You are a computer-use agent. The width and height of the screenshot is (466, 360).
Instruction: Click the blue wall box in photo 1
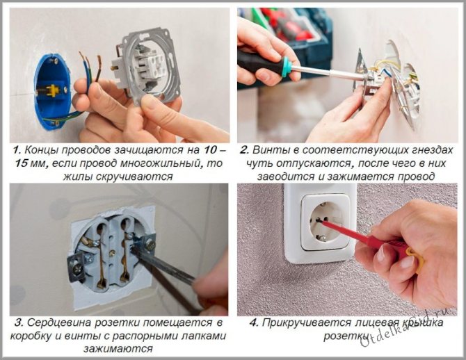[52, 92]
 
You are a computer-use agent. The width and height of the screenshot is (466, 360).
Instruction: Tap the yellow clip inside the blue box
[52, 90]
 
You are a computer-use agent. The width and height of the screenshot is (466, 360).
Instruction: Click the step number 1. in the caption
[17, 150]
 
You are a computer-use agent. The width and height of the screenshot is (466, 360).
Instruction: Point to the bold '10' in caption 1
[210, 150]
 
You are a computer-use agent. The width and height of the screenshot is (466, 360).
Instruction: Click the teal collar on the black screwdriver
[286, 67]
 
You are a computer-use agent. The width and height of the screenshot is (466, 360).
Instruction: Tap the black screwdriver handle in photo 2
[259, 63]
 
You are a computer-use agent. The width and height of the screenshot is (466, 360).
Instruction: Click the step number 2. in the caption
[244, 150]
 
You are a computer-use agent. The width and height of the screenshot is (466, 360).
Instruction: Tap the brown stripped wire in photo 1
[98, 67]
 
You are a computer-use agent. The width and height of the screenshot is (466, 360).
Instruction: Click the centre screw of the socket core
[113, 254]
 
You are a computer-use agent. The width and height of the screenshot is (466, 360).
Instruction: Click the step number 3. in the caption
[18, 323]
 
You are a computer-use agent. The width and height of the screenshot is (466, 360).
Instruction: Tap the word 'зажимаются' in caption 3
[118, 349]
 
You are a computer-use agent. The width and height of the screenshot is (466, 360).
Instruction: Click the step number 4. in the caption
[254, 323]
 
